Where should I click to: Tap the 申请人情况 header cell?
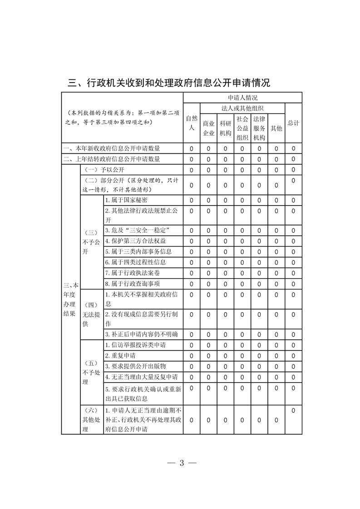(242, 98)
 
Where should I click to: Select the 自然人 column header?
(192, 123)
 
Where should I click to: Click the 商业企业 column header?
(208, 128)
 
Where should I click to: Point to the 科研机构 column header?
(225, 128)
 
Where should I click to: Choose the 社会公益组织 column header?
(242, 128)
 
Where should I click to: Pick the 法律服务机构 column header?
(259, 128)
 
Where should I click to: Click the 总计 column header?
(293, 123)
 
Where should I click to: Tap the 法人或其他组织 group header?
(242, 108)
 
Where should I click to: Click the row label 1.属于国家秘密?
(126, 200)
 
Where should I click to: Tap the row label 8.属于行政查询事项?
(132, 284)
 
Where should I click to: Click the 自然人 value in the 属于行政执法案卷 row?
(192, 273)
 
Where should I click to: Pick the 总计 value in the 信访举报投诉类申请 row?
(293, 345)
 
